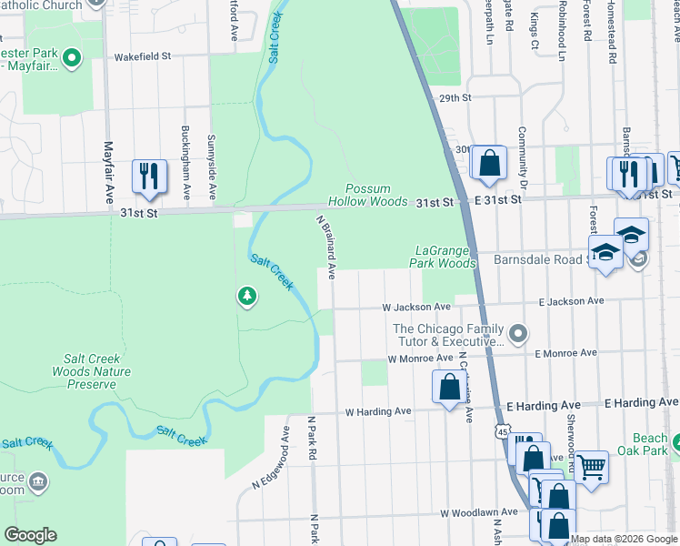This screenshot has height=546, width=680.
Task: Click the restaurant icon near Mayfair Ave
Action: pos(150,177)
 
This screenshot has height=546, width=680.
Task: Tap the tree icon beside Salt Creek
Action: pos(246,297)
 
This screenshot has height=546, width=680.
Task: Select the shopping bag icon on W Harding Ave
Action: pos(449,387)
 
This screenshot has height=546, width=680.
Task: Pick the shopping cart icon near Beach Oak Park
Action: pos(591,468)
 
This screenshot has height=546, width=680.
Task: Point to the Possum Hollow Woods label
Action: pos(367,195)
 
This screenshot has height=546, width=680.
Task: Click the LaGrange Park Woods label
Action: pos(445,257)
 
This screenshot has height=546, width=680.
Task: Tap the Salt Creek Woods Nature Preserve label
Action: pos(91,371)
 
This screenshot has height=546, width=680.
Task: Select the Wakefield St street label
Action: pos(142,56)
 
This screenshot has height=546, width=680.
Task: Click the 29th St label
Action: pos(455,97)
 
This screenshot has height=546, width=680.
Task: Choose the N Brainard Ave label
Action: pos(326,247)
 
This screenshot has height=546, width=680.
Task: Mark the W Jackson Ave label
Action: pos(415,308)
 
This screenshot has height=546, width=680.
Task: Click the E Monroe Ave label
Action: pos(566,353)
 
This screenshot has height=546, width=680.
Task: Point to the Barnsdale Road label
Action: pos(536,258)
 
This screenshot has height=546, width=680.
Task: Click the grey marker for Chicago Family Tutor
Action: pos(518,335)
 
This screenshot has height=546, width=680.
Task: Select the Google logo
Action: pos(30,535)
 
